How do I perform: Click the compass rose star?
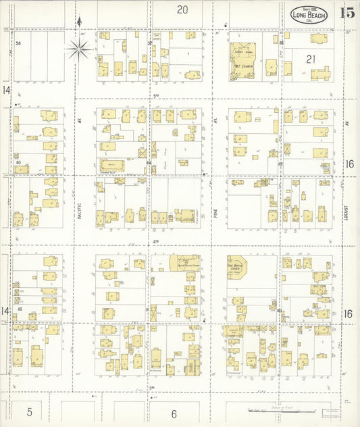click(79, 47)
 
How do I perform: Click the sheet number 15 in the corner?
click(347, 12)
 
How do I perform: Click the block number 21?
click(311, 59)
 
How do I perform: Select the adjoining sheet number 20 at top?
click(182, 9)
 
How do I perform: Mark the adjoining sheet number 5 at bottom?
click(30, 411)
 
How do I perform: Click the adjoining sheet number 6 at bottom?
click(174, 413)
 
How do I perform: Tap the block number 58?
click(19, 43)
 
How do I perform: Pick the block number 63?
click(19, 163)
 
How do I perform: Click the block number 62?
click(20, 309)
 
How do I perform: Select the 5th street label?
click(155, 96)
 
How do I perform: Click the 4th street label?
click(155, 241)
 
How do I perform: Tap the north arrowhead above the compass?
click(79, 21)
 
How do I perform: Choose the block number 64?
click(148, 163)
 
